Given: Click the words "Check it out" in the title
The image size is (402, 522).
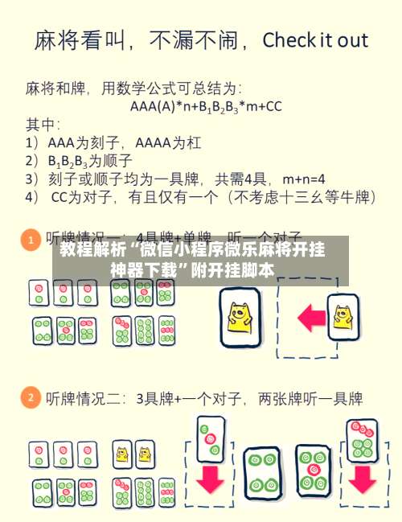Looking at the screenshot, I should pos(315,39).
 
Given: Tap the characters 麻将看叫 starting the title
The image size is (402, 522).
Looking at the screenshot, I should pos(76,40).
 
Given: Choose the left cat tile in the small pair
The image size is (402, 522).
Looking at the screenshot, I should pos(123,454).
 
